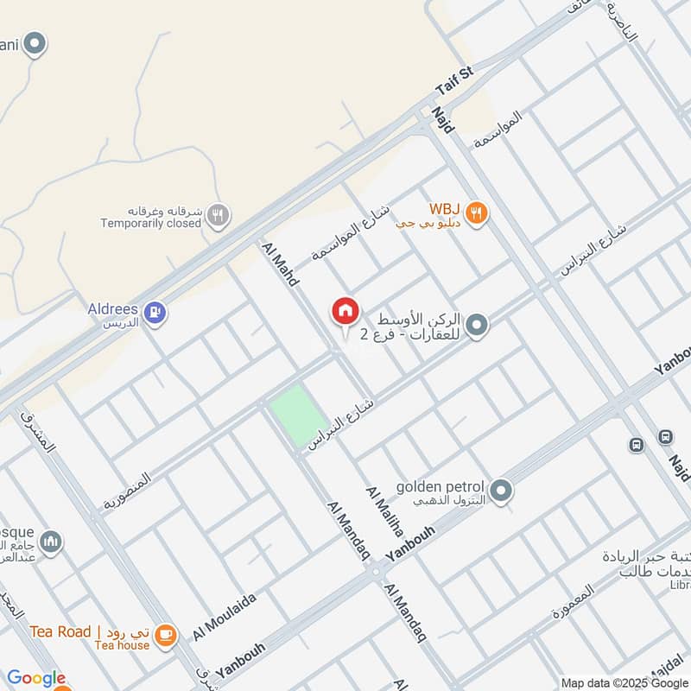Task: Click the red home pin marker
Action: (x=345, y=312)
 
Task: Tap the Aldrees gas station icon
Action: (x=155, y=312)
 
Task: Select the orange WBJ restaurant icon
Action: (x=474, y=212)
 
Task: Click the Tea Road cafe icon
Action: (x=165, y=635)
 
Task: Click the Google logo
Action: (x=35, y=678)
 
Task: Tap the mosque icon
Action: (x=51, y=542)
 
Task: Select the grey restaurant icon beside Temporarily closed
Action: (x=219, y=217)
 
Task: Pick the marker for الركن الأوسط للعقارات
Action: (x=476, y=326)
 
